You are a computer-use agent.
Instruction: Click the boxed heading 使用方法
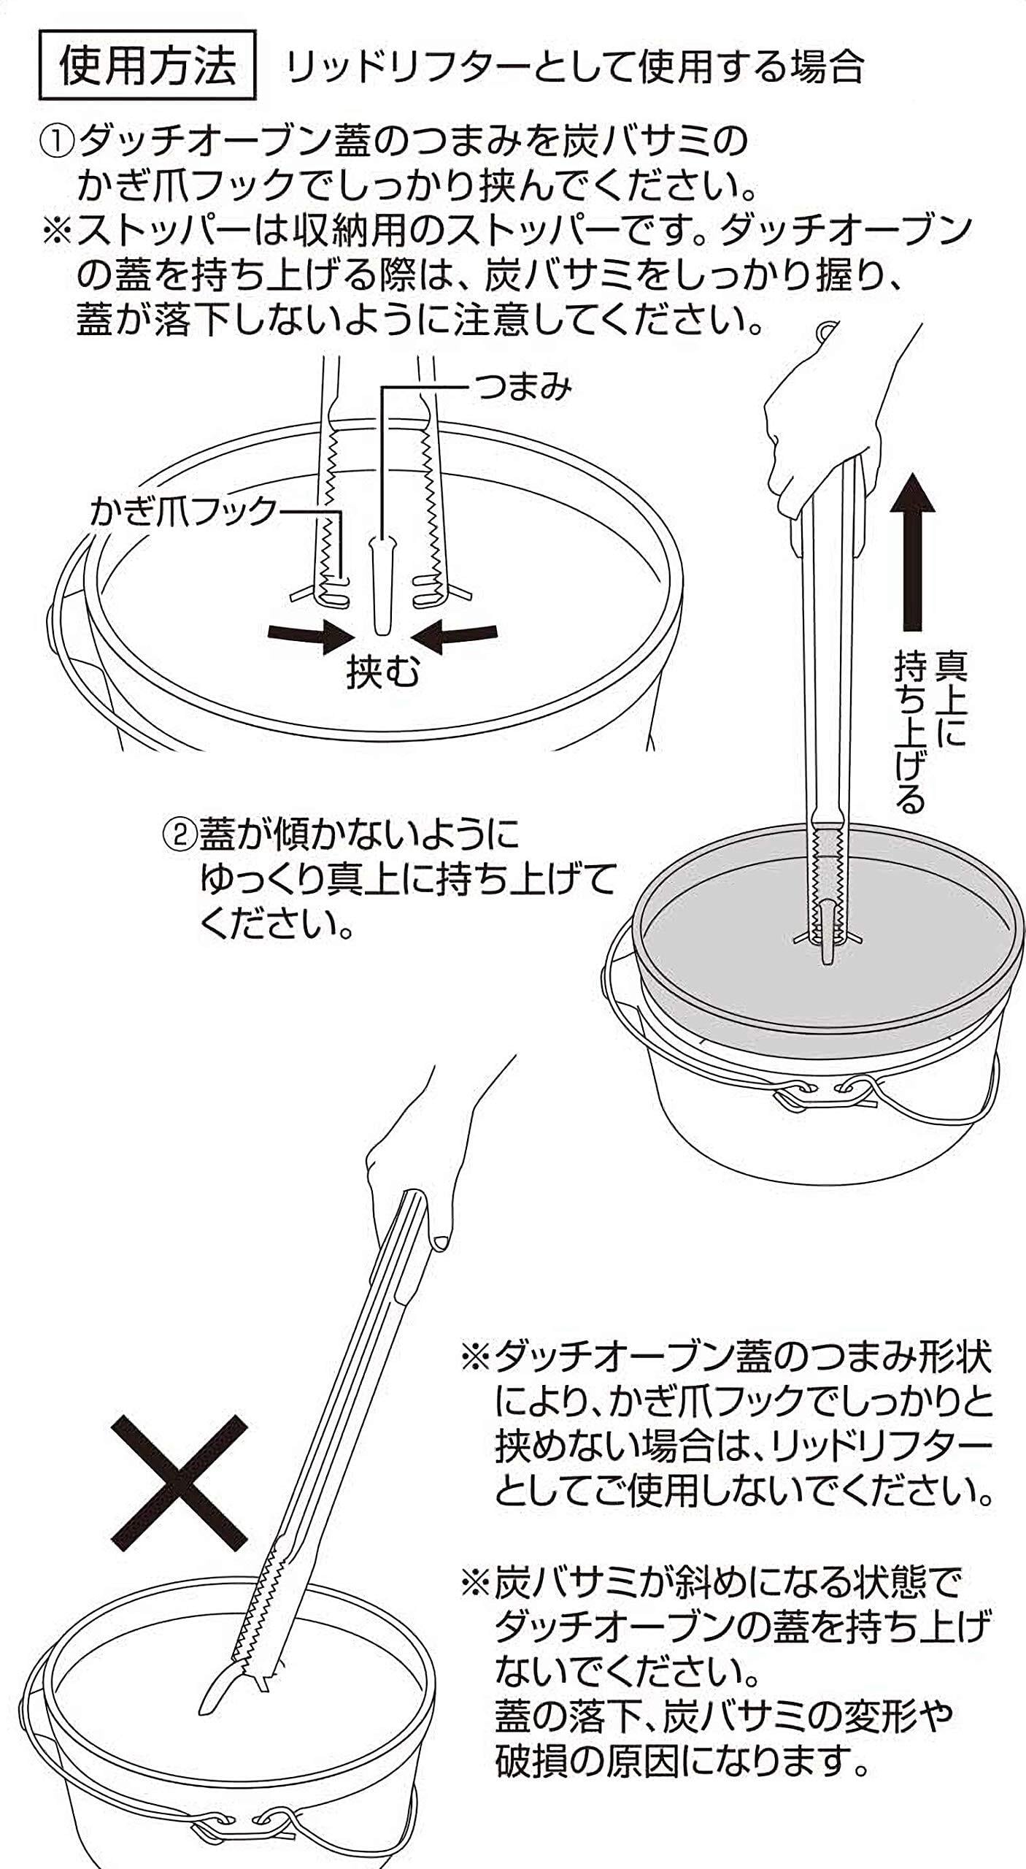(x=147, y=66)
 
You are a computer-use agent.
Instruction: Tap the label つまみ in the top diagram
(x=522, y=387)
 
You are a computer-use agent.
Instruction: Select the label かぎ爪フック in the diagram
(x=183, y=511)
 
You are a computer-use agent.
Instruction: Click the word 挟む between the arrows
(x=382, y=672)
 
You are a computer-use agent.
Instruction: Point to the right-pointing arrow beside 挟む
(x=309, y=634)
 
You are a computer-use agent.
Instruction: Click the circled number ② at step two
(x=179, y=834)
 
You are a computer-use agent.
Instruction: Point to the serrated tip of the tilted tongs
(x=248, y=1643)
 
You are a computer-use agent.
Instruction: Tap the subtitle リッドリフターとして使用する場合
(x=574, y=67)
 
